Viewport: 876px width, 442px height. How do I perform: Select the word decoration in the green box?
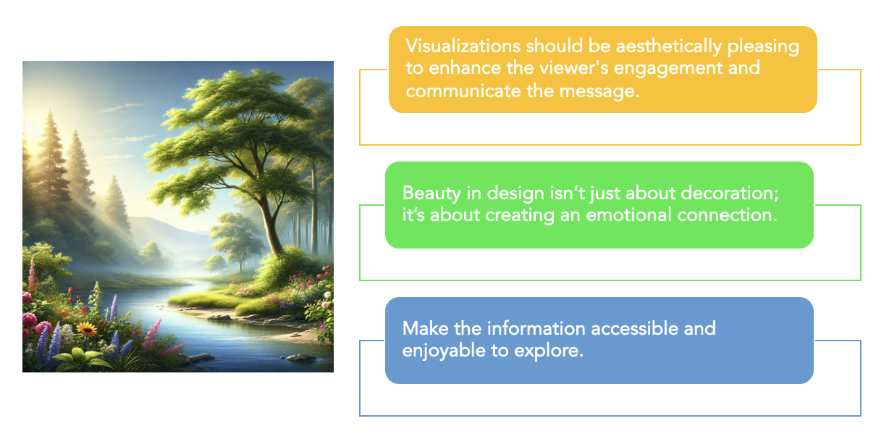pyautogui.click(x=702, y=193)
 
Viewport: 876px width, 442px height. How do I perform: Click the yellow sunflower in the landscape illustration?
pyautogui.click(x=87, y=330)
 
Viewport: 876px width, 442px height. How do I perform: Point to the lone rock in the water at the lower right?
pyautogui.click(x=300, y=357)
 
